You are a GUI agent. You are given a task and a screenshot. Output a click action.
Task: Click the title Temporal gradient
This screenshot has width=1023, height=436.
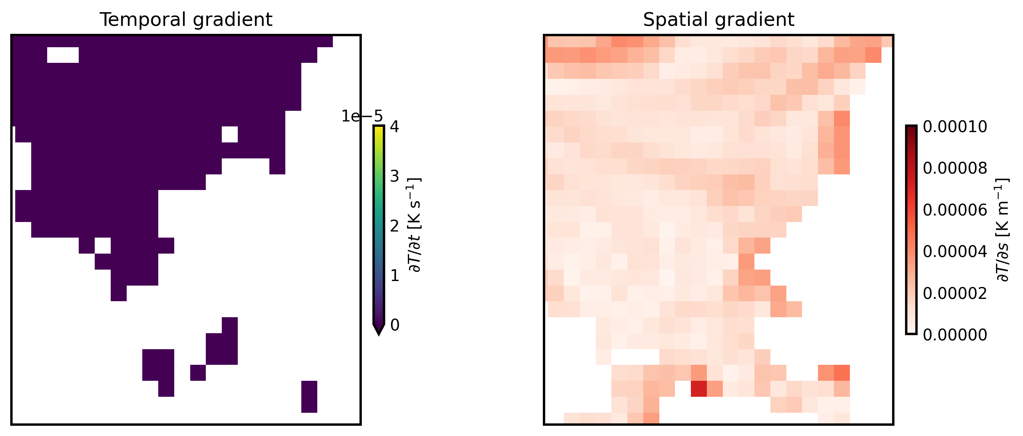click(x=186, y=20)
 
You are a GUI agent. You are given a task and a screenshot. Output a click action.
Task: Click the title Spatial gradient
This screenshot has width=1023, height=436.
click(x=718, y=20)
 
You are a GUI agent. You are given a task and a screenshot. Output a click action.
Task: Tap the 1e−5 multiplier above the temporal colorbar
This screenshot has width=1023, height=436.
click(x=362, y=117)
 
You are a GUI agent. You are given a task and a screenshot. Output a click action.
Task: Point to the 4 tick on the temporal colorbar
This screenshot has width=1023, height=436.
click(x=395, y=127)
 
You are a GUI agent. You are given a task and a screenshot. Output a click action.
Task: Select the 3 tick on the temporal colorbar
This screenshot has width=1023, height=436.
click(x=395, y=176)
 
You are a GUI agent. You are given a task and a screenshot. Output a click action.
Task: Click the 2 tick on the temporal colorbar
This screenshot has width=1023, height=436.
click(x=395, y=226)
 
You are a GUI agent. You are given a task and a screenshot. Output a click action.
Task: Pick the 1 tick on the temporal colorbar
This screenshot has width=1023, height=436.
click(x=395, y=275)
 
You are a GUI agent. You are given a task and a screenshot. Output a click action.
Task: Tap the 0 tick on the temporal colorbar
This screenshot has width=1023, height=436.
click(x=395, y=325)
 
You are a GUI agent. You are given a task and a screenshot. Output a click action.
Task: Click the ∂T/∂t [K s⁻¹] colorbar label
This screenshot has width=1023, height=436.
click(x=415, y=225)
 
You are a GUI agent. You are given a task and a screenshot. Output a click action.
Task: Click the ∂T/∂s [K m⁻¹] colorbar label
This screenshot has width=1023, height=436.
click(x=1003, y=230)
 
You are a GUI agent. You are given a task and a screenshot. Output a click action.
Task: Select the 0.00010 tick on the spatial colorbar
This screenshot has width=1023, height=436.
click(x=955, y=127)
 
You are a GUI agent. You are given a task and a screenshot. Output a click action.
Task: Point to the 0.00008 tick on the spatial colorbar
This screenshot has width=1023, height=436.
click(x=955, y=169)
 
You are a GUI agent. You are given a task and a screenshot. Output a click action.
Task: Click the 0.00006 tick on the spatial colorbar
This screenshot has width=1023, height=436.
click(x=955, y=210)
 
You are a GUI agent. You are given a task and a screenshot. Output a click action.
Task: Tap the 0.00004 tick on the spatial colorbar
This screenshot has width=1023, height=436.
click(x=955, y=252)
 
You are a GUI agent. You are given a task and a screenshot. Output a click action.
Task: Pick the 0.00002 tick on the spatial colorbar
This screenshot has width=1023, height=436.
click(x=955, y=293)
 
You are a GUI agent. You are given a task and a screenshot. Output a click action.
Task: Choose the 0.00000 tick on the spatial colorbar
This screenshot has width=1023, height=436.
click(x=955, y=335)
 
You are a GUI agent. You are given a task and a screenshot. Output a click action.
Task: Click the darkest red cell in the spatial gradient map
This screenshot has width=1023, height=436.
click(x=698, y=389)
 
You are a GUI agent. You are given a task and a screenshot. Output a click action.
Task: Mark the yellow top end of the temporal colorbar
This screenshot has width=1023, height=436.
click(x=379, y=129)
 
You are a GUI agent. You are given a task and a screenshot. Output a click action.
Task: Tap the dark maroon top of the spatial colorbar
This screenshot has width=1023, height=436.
click(x=911, y=129)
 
